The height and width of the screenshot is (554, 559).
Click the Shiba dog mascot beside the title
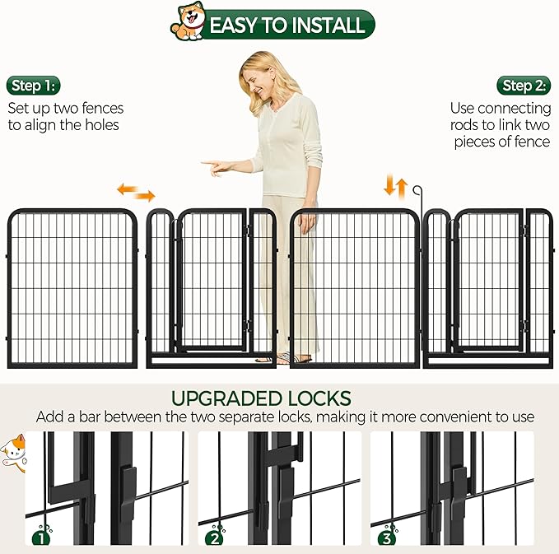coord(188,21)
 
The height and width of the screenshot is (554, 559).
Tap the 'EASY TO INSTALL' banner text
coord(286,25)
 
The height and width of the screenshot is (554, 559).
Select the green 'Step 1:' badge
coord(35,86)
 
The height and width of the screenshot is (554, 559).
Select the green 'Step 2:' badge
coord(524,86)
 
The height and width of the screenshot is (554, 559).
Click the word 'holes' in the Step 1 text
coord(100,125)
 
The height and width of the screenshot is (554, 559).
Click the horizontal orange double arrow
coord(136,193)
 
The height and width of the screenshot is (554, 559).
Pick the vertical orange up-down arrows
coord(396,185)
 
